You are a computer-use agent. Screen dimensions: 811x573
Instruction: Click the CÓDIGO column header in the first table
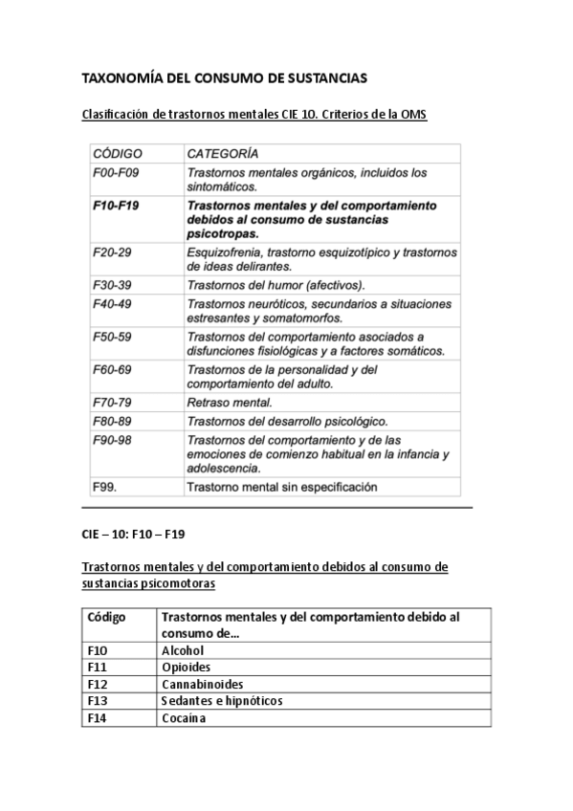click(117, 153)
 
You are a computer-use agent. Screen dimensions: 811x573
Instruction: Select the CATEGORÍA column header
click(222, 153)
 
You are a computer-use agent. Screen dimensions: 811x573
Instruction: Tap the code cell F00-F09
click(116, 173)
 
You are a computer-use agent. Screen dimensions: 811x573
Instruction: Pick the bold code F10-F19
click(117, 206)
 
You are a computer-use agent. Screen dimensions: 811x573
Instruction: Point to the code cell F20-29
click(113, 252)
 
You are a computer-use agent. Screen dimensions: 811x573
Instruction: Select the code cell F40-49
click(113, 303)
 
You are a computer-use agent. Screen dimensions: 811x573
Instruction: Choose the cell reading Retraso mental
click(230, 402)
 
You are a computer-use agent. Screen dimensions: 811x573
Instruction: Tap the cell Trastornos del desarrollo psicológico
click(287, 421)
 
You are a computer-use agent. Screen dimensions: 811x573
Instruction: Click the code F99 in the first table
click(105, 487)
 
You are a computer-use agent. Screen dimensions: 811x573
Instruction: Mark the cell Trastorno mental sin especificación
click(282, 487)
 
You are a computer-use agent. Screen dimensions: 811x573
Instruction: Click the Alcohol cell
click(184, 650)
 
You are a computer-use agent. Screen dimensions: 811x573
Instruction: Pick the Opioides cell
click(187, 668)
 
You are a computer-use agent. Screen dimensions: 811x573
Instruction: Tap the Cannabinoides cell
click(203, 684)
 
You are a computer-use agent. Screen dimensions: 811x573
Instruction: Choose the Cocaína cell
click(185, 718)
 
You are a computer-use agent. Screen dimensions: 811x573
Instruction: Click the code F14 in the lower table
click(97, 718)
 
